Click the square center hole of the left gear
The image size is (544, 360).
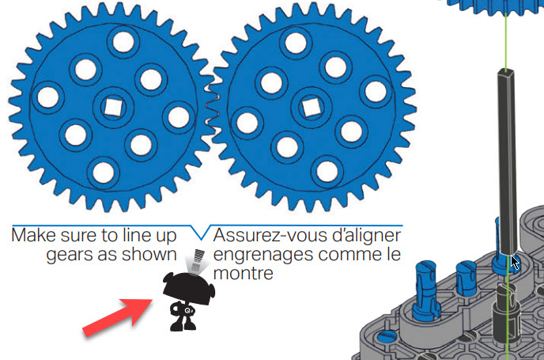tap(111, 104)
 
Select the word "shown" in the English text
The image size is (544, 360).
tap(156, 254)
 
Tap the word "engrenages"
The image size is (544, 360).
tap(255, 255)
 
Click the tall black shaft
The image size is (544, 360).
tap(505, 158)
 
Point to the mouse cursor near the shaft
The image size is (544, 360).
tap(515, 262)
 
